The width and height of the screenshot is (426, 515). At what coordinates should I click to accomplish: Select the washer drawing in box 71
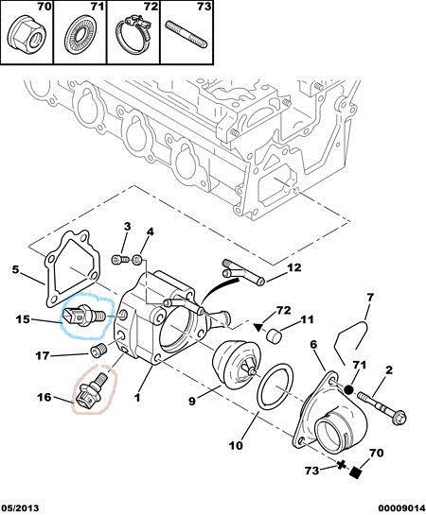tap(80, 37)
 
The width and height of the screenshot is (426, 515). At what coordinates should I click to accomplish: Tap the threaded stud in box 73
tap(186, 34)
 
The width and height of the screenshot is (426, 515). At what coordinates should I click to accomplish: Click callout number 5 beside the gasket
tap(15, 269)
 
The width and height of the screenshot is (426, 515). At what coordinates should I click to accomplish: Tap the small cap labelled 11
tap(275, 335)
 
